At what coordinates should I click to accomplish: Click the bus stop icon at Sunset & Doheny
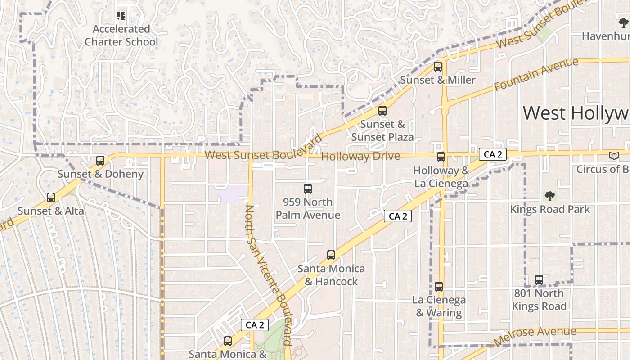tap(100, 161)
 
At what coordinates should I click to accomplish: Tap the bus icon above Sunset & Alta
tap(51, 198)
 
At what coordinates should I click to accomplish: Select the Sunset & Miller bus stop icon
tap(438, 67)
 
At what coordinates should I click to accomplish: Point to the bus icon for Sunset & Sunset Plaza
tap(382, 111)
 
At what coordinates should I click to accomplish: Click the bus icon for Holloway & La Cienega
tap(441, 157)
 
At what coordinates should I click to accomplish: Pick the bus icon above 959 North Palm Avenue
tap(308, 189)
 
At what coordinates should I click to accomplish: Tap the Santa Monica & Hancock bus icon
tap(331, 255)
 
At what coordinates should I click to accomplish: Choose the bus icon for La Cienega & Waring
tap(439, 287)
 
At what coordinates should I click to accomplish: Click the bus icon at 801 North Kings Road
tap(539, 280)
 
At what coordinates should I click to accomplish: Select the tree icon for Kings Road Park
tap(549, 196)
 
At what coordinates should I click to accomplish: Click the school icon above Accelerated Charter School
tap(121, 16)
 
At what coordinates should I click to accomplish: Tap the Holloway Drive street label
tap(361, 156)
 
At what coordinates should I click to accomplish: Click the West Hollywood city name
tap(576, 113)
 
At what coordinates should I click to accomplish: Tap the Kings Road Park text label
tap(549, 209)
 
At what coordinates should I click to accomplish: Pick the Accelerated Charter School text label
tap(121, 36)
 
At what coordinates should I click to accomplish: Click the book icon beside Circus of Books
tap(614, 156)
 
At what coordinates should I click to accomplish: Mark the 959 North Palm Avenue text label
tap(308, 208)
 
